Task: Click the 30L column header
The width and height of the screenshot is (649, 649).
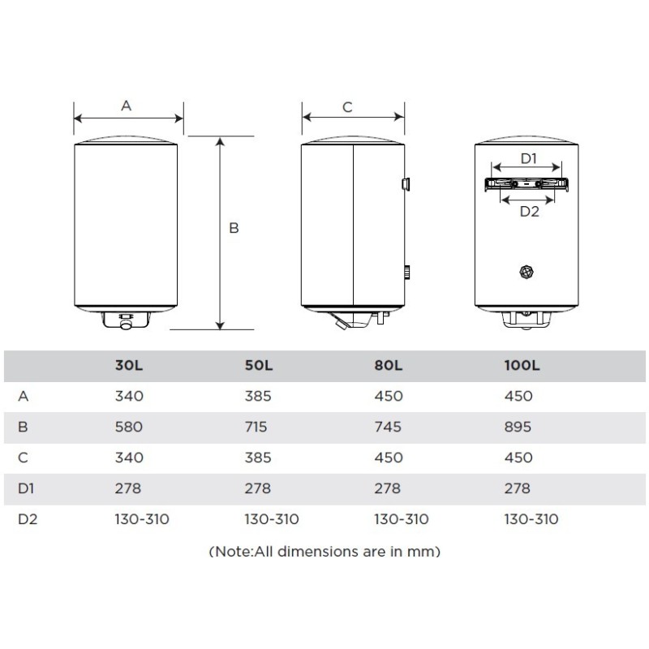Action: coord(129,366)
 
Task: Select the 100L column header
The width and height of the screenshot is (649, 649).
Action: coord(522,366)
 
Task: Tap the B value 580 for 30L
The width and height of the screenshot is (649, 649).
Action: coord(129,427)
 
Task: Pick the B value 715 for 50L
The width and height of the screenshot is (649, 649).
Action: coord(256,427)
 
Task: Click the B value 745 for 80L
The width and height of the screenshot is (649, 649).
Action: coord(388,427)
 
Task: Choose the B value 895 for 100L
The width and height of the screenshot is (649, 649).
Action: coord(518,427)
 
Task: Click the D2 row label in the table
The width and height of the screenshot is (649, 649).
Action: coord(28,519)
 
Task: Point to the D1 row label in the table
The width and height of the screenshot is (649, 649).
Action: coord(26,488)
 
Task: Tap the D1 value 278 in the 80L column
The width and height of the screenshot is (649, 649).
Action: coord(388,488)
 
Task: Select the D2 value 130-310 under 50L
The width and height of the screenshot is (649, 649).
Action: coord(272,519)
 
